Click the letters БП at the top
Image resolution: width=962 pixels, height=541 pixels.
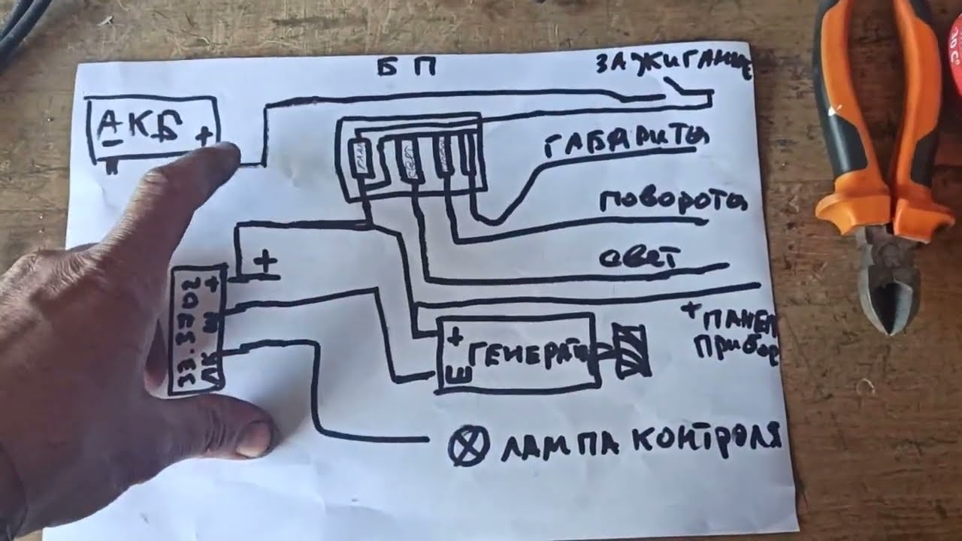click(x=407, y=68)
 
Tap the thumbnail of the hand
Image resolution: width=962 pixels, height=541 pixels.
click(x=256, y=440)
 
